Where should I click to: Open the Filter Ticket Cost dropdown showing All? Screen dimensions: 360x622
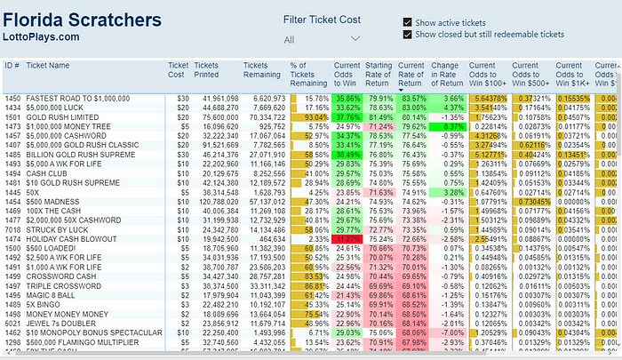[x=323, y=39]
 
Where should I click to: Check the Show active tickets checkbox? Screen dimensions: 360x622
[x=408, y=21]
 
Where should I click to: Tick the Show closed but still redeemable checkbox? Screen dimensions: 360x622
[x=408, y=35]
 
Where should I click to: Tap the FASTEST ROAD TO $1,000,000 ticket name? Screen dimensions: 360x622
[x=78, y=98]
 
